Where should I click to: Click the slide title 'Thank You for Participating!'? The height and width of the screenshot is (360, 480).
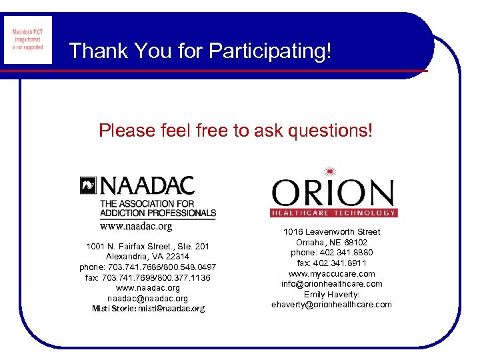point(200,51)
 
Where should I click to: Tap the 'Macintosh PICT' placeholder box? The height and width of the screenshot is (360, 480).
point(27,40)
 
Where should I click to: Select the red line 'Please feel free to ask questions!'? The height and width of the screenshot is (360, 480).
point(236,131)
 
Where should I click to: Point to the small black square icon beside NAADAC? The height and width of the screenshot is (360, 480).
point(88,185)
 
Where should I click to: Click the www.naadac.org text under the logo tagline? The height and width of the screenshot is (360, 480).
point(136,226)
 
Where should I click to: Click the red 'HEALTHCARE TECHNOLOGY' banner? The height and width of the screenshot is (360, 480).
point(333,213)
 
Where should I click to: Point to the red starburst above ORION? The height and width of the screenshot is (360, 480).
point(332,170)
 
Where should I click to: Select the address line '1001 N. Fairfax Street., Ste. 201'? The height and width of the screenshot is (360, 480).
point(147,247)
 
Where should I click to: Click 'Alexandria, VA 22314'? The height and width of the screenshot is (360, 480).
point(147,257)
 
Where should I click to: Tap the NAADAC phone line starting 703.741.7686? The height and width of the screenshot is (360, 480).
point(147,267)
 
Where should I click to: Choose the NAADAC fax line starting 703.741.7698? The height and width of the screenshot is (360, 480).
point(147,277)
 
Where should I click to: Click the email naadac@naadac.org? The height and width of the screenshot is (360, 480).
point(147,298)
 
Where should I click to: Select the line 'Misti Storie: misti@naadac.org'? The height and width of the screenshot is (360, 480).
point(148,309)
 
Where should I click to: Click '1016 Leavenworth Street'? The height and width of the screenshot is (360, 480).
point(332,232)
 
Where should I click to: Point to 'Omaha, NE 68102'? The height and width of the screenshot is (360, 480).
point(332,242)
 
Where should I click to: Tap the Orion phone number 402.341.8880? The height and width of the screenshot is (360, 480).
point(332,253)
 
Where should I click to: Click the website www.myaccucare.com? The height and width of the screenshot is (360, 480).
point(332,273)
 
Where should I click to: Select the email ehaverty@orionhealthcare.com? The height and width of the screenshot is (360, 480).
point(332,305)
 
